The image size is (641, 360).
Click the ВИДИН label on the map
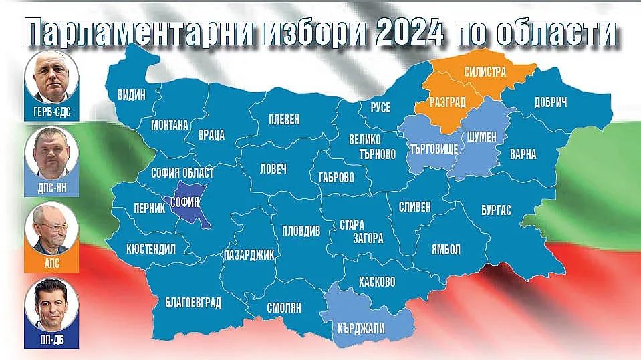point(131,94)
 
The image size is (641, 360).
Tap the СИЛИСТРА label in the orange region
point(485,71)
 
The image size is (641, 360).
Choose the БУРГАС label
point(496,210)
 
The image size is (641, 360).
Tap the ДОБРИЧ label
point(551,103)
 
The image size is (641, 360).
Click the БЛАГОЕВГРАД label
point(193,303)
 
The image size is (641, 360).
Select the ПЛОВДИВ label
point(301,229)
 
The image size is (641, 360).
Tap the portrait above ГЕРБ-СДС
point(52,79)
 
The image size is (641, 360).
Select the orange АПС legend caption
point(52,263)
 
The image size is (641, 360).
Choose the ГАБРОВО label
point(332,178)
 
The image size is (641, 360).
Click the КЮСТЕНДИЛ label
point(151,250)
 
